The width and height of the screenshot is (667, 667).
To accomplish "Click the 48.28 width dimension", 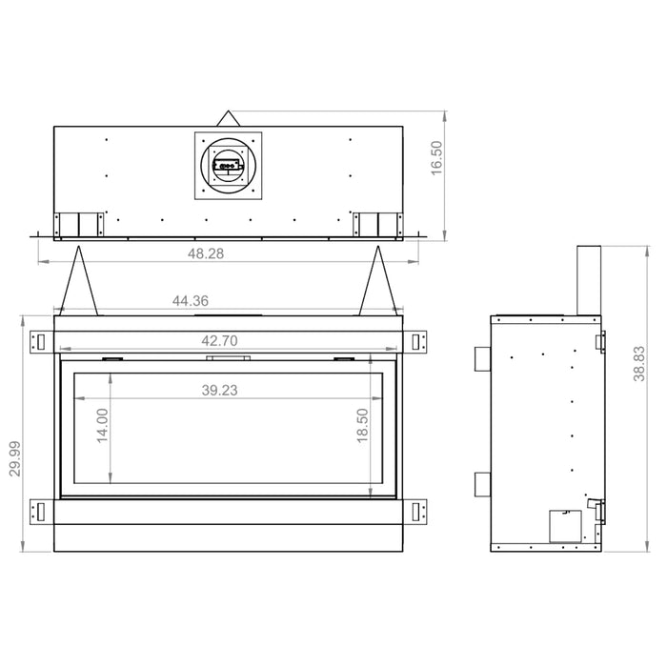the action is point(206,253).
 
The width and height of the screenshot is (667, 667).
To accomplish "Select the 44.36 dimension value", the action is point(191,301).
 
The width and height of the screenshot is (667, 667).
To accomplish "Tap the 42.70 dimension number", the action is point(219,341).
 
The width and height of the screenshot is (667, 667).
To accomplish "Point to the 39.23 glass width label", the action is point(219,390).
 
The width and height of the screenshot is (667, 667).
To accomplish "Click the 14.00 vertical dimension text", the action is point(103,426).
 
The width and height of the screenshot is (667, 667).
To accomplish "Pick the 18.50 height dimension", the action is point(362,425).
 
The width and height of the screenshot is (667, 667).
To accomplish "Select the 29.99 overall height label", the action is point(15,458).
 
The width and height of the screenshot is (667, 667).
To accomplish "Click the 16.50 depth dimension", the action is point(436,158).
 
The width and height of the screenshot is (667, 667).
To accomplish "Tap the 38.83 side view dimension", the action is point(639,364).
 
